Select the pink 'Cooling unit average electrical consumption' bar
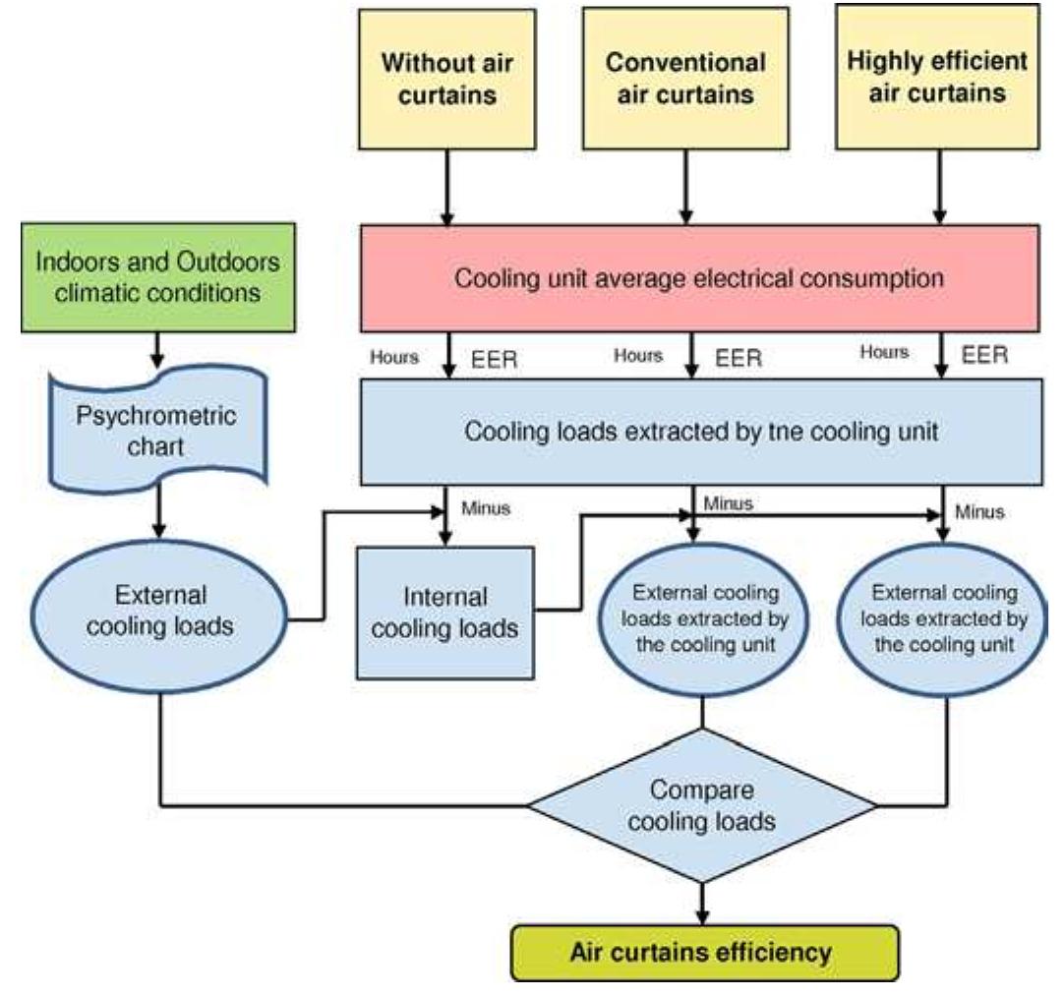click(x=699, y=277)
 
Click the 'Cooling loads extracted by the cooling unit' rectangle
click(x=699, y=431)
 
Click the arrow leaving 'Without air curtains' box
click(x=448, y=187)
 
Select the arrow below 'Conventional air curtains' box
click(x=685, y=187)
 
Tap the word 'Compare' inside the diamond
click(x=701, y=790)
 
